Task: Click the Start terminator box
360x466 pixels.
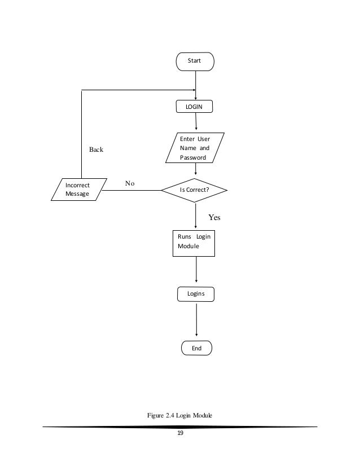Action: pos(195,61)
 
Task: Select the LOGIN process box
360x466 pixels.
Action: pos(195,107)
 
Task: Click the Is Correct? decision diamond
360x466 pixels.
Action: pos(195,190)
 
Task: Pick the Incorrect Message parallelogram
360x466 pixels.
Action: pos(78,190)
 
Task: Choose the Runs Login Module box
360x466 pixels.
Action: pos(194,243)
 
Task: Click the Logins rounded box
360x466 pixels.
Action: pos(196,294)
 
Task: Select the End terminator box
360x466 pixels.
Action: pos(196,348)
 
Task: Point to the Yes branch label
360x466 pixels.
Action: pos(214,216)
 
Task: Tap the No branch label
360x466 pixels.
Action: pos(130,183)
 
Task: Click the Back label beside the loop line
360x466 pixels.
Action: pos(96,150)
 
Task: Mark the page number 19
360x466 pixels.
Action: pos(180,433)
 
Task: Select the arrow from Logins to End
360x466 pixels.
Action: pos(196,321)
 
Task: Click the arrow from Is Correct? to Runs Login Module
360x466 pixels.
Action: pos(195,216)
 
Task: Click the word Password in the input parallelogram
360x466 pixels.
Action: pos(193,158)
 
